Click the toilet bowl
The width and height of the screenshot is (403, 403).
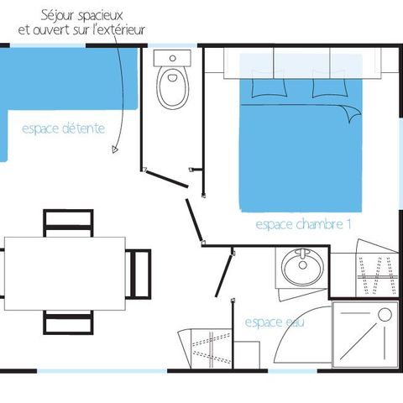pyautogui.click(x=173, y=87)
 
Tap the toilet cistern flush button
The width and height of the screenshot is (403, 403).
pyautogui.click(x=173, y=58)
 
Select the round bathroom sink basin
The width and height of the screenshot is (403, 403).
pyautogui.click(x=302, y=266)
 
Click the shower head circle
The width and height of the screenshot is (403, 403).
pyautogui.click(x=385, y=315)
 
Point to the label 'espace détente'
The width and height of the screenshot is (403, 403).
pyautogui.click(x=64, y=128)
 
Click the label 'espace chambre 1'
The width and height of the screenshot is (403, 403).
pyautogui.click(x=303, y=224)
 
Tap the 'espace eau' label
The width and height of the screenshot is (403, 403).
pyautogui.click(x=275, y=322)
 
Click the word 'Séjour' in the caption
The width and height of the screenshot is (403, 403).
pyautogui.click(x=58, y=16)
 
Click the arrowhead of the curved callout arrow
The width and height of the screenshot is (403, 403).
pyautogui.click(x=115, y=149)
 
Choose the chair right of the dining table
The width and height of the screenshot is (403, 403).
pyautogui.click(x=139, y=274)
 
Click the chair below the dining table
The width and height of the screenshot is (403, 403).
pyautogui.click(x=68, y=322)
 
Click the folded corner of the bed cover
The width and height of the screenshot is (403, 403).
pyautogui.click(x=352, y=113)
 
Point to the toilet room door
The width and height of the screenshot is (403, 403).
pyautogui.click(x=167, y=179)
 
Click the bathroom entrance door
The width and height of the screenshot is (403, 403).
pyautogui.click(x=223, y=275)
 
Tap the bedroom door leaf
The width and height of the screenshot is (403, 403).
pyautogui.click(x=193, y=220)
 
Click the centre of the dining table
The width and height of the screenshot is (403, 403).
pyautogui.click(x=65, y=274)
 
